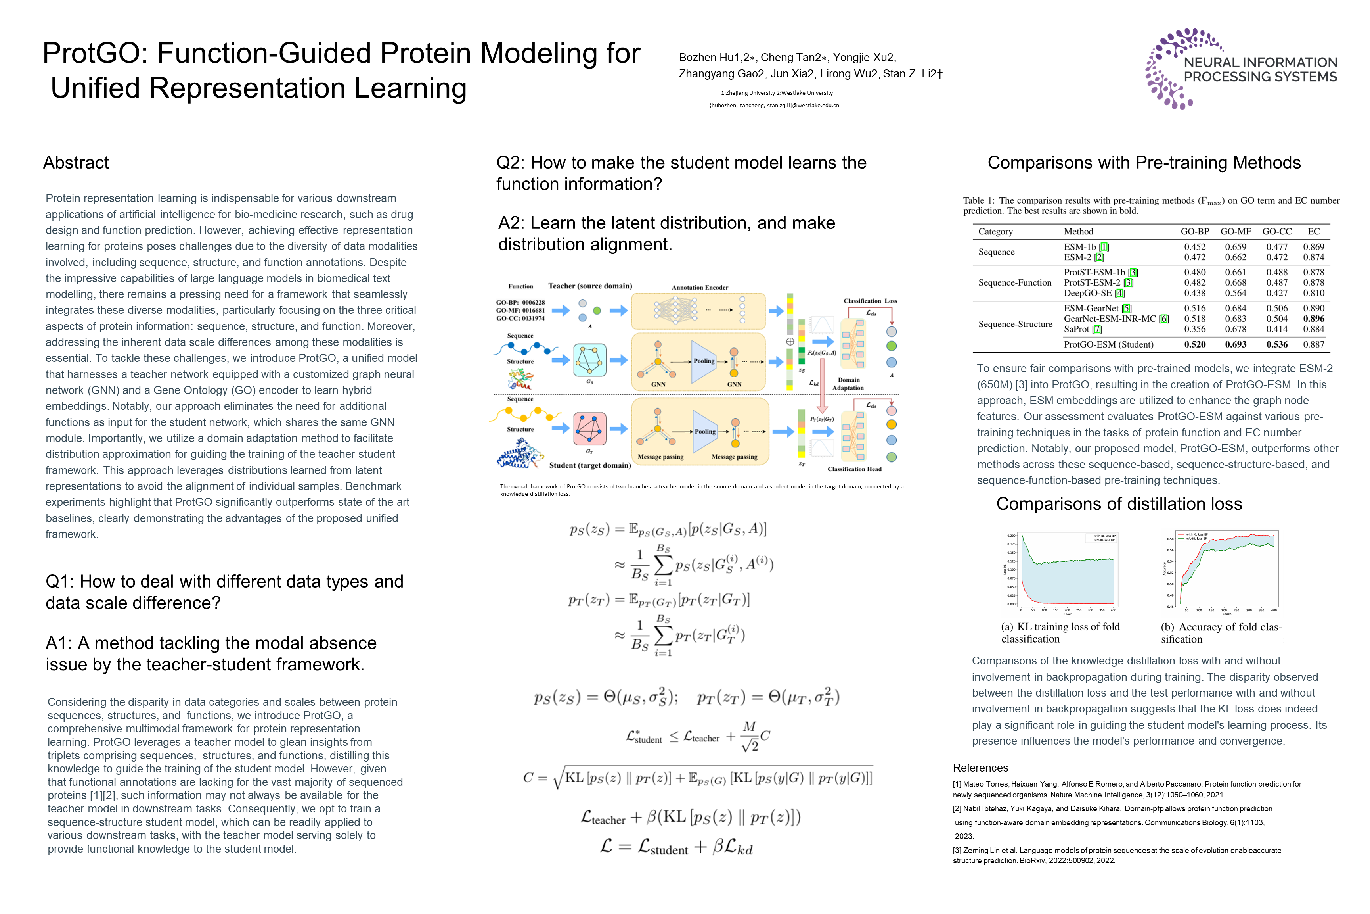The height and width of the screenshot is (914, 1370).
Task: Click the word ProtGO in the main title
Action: tap(96, 53)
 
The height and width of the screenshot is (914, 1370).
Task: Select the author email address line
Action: tap(774, 106)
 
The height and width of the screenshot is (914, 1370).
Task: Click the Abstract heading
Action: tap(76, 163)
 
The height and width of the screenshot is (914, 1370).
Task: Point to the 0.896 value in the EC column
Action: tap(1313, 319)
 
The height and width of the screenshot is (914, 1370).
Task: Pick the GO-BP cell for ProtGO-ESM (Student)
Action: tap(1195, 344)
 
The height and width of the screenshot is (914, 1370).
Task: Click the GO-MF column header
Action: tap(1236, 231)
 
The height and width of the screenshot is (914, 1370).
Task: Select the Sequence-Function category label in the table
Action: tap(1015, 283)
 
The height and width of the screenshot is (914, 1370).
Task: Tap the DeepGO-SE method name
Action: tap(1087, 293)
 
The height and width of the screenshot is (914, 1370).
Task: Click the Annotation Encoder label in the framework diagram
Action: tap(700, 287)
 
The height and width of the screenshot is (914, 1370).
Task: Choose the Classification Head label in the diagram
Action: tap(855, 469)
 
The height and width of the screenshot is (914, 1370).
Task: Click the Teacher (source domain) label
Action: tap(589, 286)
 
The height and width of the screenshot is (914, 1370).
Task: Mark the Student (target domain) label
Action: tap(589, 465)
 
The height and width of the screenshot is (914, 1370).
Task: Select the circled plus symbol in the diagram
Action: tap(790, 342)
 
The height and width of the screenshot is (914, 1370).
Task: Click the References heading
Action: tap(980, 768)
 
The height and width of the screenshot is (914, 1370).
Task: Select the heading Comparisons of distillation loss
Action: tap(1119, 504)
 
